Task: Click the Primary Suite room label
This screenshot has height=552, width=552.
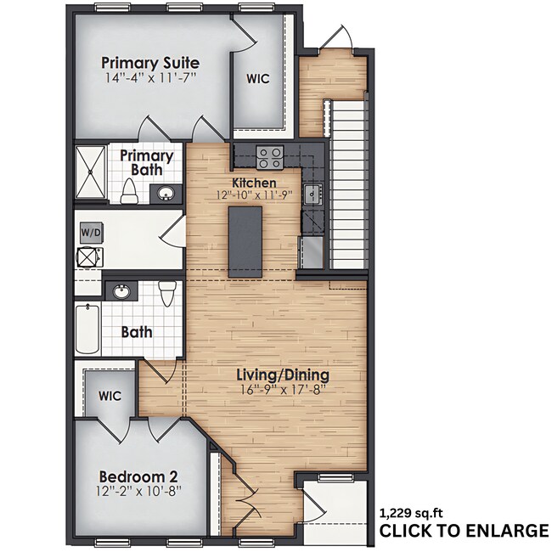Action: [x=150, y=63]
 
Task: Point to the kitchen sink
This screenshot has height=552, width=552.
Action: [x=313, y=194]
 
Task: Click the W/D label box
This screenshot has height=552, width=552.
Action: [x=89, y=232]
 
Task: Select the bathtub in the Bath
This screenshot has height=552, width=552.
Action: [x=87, y=330]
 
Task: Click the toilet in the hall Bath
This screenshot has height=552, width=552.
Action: [x=167, y=293]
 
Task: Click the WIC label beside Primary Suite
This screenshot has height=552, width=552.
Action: [x=258, y=79]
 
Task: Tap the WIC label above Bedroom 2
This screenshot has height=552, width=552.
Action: [x=110, y=396]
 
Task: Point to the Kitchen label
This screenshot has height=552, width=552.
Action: [x=254, y=183]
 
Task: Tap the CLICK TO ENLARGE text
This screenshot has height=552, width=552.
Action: [x=463, y=531]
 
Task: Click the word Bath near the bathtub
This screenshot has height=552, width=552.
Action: [x=137, y=332]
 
